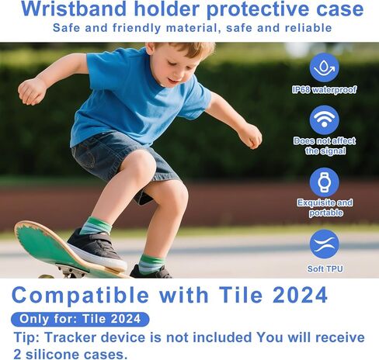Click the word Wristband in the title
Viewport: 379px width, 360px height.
click(x=74, y=9)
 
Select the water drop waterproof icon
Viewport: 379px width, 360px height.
click(x=324, y=67)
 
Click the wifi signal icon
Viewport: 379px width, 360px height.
click(x=324, y=120)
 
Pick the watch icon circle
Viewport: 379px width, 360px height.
click(x=324, y=182)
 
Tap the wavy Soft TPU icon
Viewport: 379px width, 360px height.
click(x=324, y=244)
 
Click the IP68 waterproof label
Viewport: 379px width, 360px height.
click(x=324, y=90)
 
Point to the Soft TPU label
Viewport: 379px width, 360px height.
click(x=325, y=269)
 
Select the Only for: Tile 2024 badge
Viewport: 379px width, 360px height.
click(x=80, y=319)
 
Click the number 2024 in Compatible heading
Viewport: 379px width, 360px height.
click(x=300, y=295)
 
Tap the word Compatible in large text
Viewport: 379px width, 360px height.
click(x=80, y=296)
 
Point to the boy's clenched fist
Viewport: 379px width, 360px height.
click(x=31, y=92)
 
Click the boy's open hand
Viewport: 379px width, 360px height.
click(x=251, y=137)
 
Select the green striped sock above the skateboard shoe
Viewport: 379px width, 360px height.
click(x=96, y=226)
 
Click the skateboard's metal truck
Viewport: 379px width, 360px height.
click(x=71, y=271)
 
